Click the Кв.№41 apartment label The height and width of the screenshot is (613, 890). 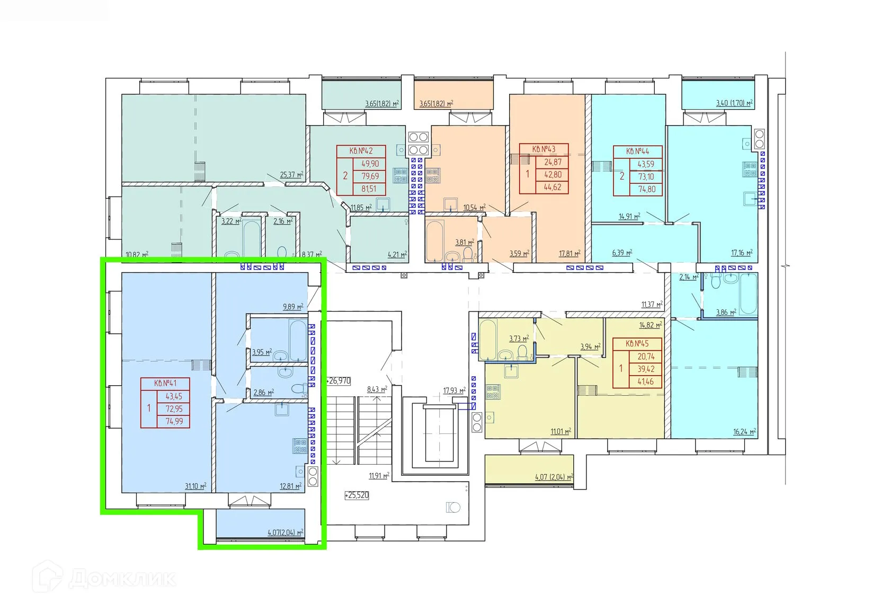[x=165, y=384]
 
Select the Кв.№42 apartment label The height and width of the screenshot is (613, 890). [x=361, y=151]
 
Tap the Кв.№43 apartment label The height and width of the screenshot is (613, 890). [x=544, y=149]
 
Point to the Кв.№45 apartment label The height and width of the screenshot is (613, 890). [x=637, y=343]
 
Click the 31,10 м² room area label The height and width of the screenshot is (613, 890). [x=195, y=486]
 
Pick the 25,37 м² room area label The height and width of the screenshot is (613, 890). [x=291, y=174]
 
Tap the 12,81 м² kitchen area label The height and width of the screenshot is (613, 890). [x=290, y=485]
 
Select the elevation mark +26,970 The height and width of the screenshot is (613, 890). [x=339, y=380]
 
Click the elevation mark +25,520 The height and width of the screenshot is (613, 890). [x=357, y=495]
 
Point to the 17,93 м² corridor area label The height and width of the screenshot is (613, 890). [x=454, y=391]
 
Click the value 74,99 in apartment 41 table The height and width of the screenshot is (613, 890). [x=174, y=421]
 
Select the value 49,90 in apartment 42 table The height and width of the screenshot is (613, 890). [x=370, y=164]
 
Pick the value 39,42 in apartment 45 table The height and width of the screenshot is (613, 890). [x=646, y=369]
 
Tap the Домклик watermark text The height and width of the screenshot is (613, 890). [x=122, y=579]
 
